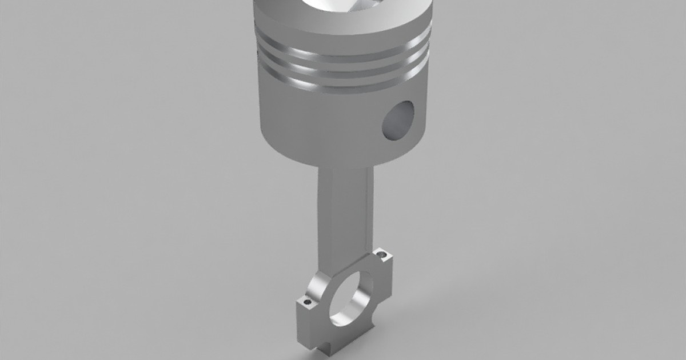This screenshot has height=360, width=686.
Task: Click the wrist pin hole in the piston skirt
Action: point(398,121)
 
